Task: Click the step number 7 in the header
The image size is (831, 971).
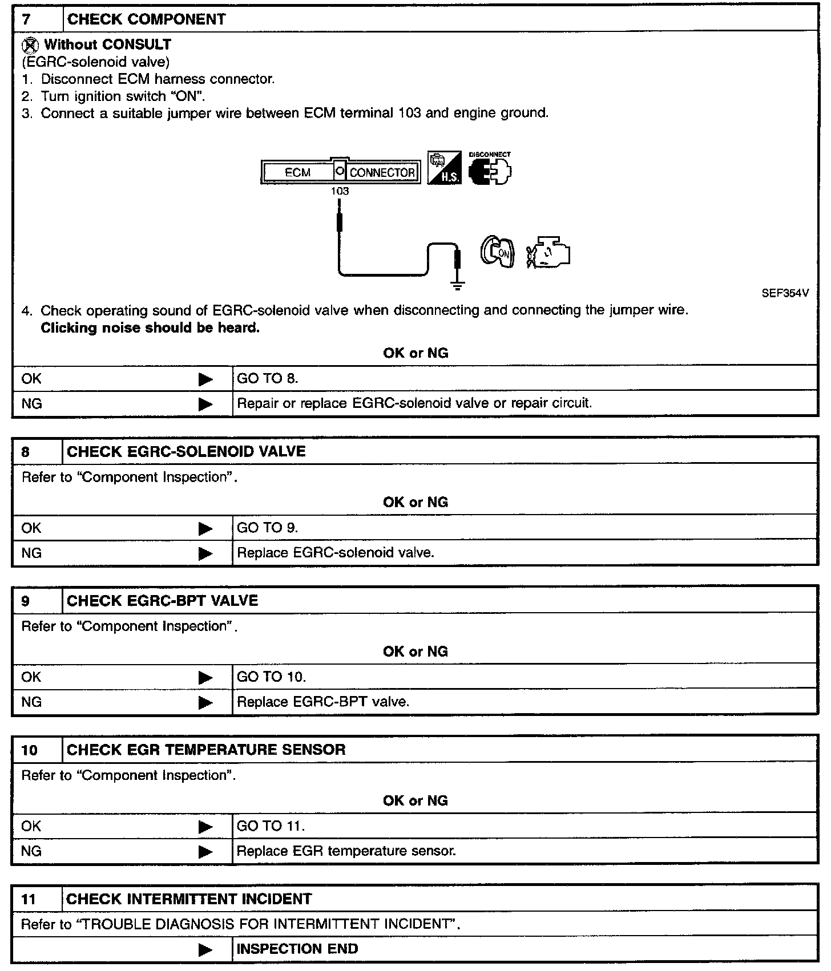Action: pyautogui.click(x=26, y=19)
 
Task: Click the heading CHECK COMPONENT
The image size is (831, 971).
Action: pyautogui.click(x=146, y=19)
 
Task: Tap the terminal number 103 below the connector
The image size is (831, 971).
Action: pyautogui.click(x=340, y=191)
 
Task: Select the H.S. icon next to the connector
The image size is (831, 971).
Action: pyautogui.click(x=444, y=167)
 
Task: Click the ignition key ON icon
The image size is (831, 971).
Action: pyautogui.click(x=498, y=252)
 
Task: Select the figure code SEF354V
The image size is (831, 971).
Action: pyautogui.click(x=785, y=293)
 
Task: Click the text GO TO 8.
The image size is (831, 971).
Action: pyautogui.click(x=268, y=378)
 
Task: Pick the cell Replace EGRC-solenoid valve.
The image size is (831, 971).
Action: pyautogui.click(x=336, y=552)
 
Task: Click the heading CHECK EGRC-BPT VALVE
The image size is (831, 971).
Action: pyautogui.click(x=163, y=601)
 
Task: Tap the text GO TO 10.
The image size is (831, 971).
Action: pyautogui.click(x=271, y=677)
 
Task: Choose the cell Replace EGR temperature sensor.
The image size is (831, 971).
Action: pyautogui.click(x=346, y=851)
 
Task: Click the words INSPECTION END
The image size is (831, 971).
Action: pyautogui.click(x=297, y=949)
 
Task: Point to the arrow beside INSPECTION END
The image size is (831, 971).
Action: pyautogui.click(x=205, y=950)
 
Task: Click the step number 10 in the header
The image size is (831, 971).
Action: pyautogui.click(x=29, y=750)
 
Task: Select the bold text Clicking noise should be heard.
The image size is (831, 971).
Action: pyautogui.click(x=150, y=328)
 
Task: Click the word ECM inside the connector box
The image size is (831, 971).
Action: pyautogui.click(x=297, y=172)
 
